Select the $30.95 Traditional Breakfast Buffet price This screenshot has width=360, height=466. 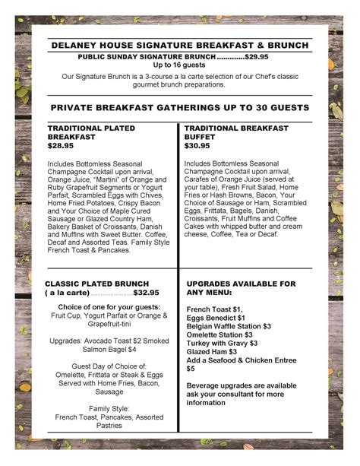[x=197, y=144]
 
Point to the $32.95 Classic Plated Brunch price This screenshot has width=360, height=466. [x=146, y=292]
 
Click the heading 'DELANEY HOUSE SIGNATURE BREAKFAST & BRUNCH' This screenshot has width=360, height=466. [x=179, y=45]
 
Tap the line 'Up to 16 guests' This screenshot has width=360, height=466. [x=179, y=65]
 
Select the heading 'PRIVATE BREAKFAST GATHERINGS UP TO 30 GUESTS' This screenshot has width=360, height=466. [x=179, y=108]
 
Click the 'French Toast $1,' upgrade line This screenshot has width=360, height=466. [x=214, y=309]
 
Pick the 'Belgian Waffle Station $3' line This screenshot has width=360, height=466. [x=229, y=326]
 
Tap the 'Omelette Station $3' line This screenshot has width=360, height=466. [x=219, y=334]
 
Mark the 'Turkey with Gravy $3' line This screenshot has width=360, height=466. [x=222, y=343]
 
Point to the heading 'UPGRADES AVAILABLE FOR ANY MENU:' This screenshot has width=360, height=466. [x=241, y=287]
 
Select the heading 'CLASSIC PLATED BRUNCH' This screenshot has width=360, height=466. [x=102, y=283]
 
